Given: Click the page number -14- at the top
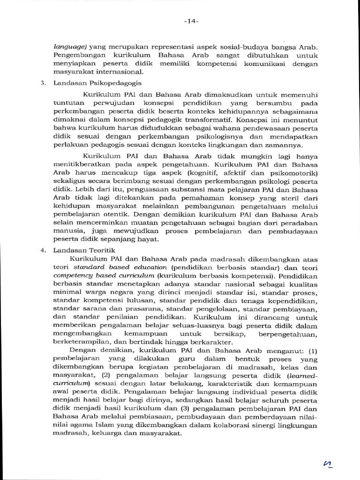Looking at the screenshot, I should tap(191, 21).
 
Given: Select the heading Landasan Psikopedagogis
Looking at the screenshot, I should tap(91, 83).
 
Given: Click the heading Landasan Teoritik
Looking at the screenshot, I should tap(84, 250).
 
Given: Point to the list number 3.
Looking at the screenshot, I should tap(43, 83).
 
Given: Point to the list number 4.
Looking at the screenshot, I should tap(43, 250).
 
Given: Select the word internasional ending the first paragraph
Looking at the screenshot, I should tap(120, 72).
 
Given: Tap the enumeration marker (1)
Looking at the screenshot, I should tap(313, 351).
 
